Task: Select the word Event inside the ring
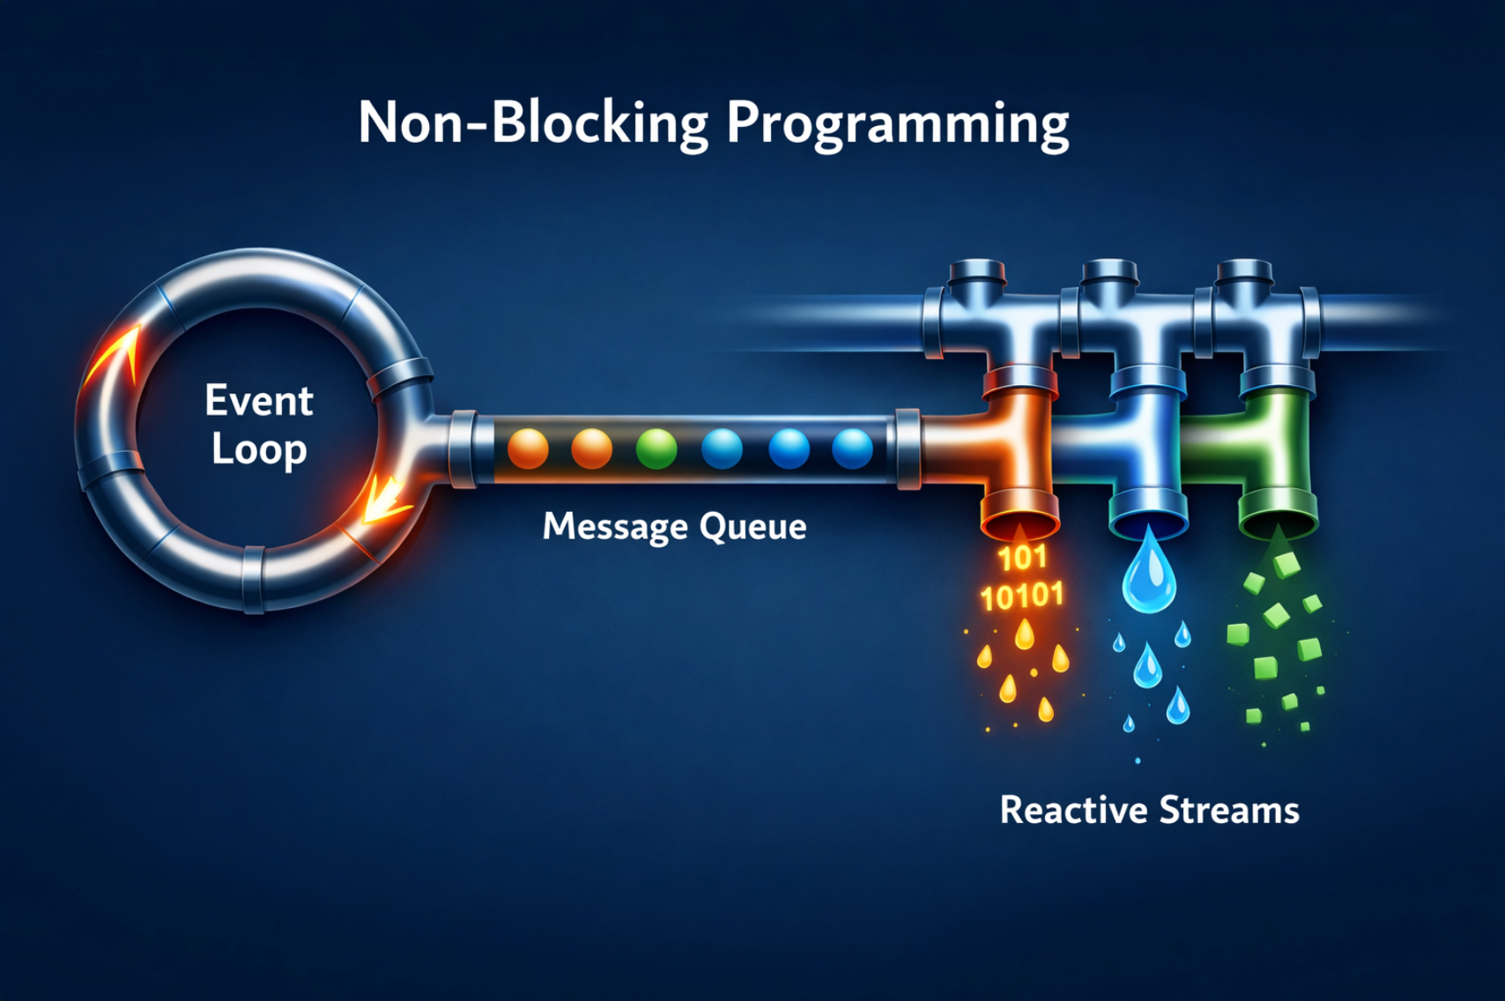tap(258, 401)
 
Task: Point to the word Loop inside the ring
tap(258, 449)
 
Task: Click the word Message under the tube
tap(614, 526)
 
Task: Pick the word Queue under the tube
tap(752, 527)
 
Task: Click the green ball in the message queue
tap(656, 449)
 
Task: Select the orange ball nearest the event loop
tap(528, 449)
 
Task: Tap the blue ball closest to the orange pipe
tap(852, 449)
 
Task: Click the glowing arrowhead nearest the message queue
tap(385, 500)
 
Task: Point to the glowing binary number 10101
tap(1021, 597)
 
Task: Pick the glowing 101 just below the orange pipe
tap(1021, 558)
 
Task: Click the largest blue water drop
tap(1149, 575)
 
